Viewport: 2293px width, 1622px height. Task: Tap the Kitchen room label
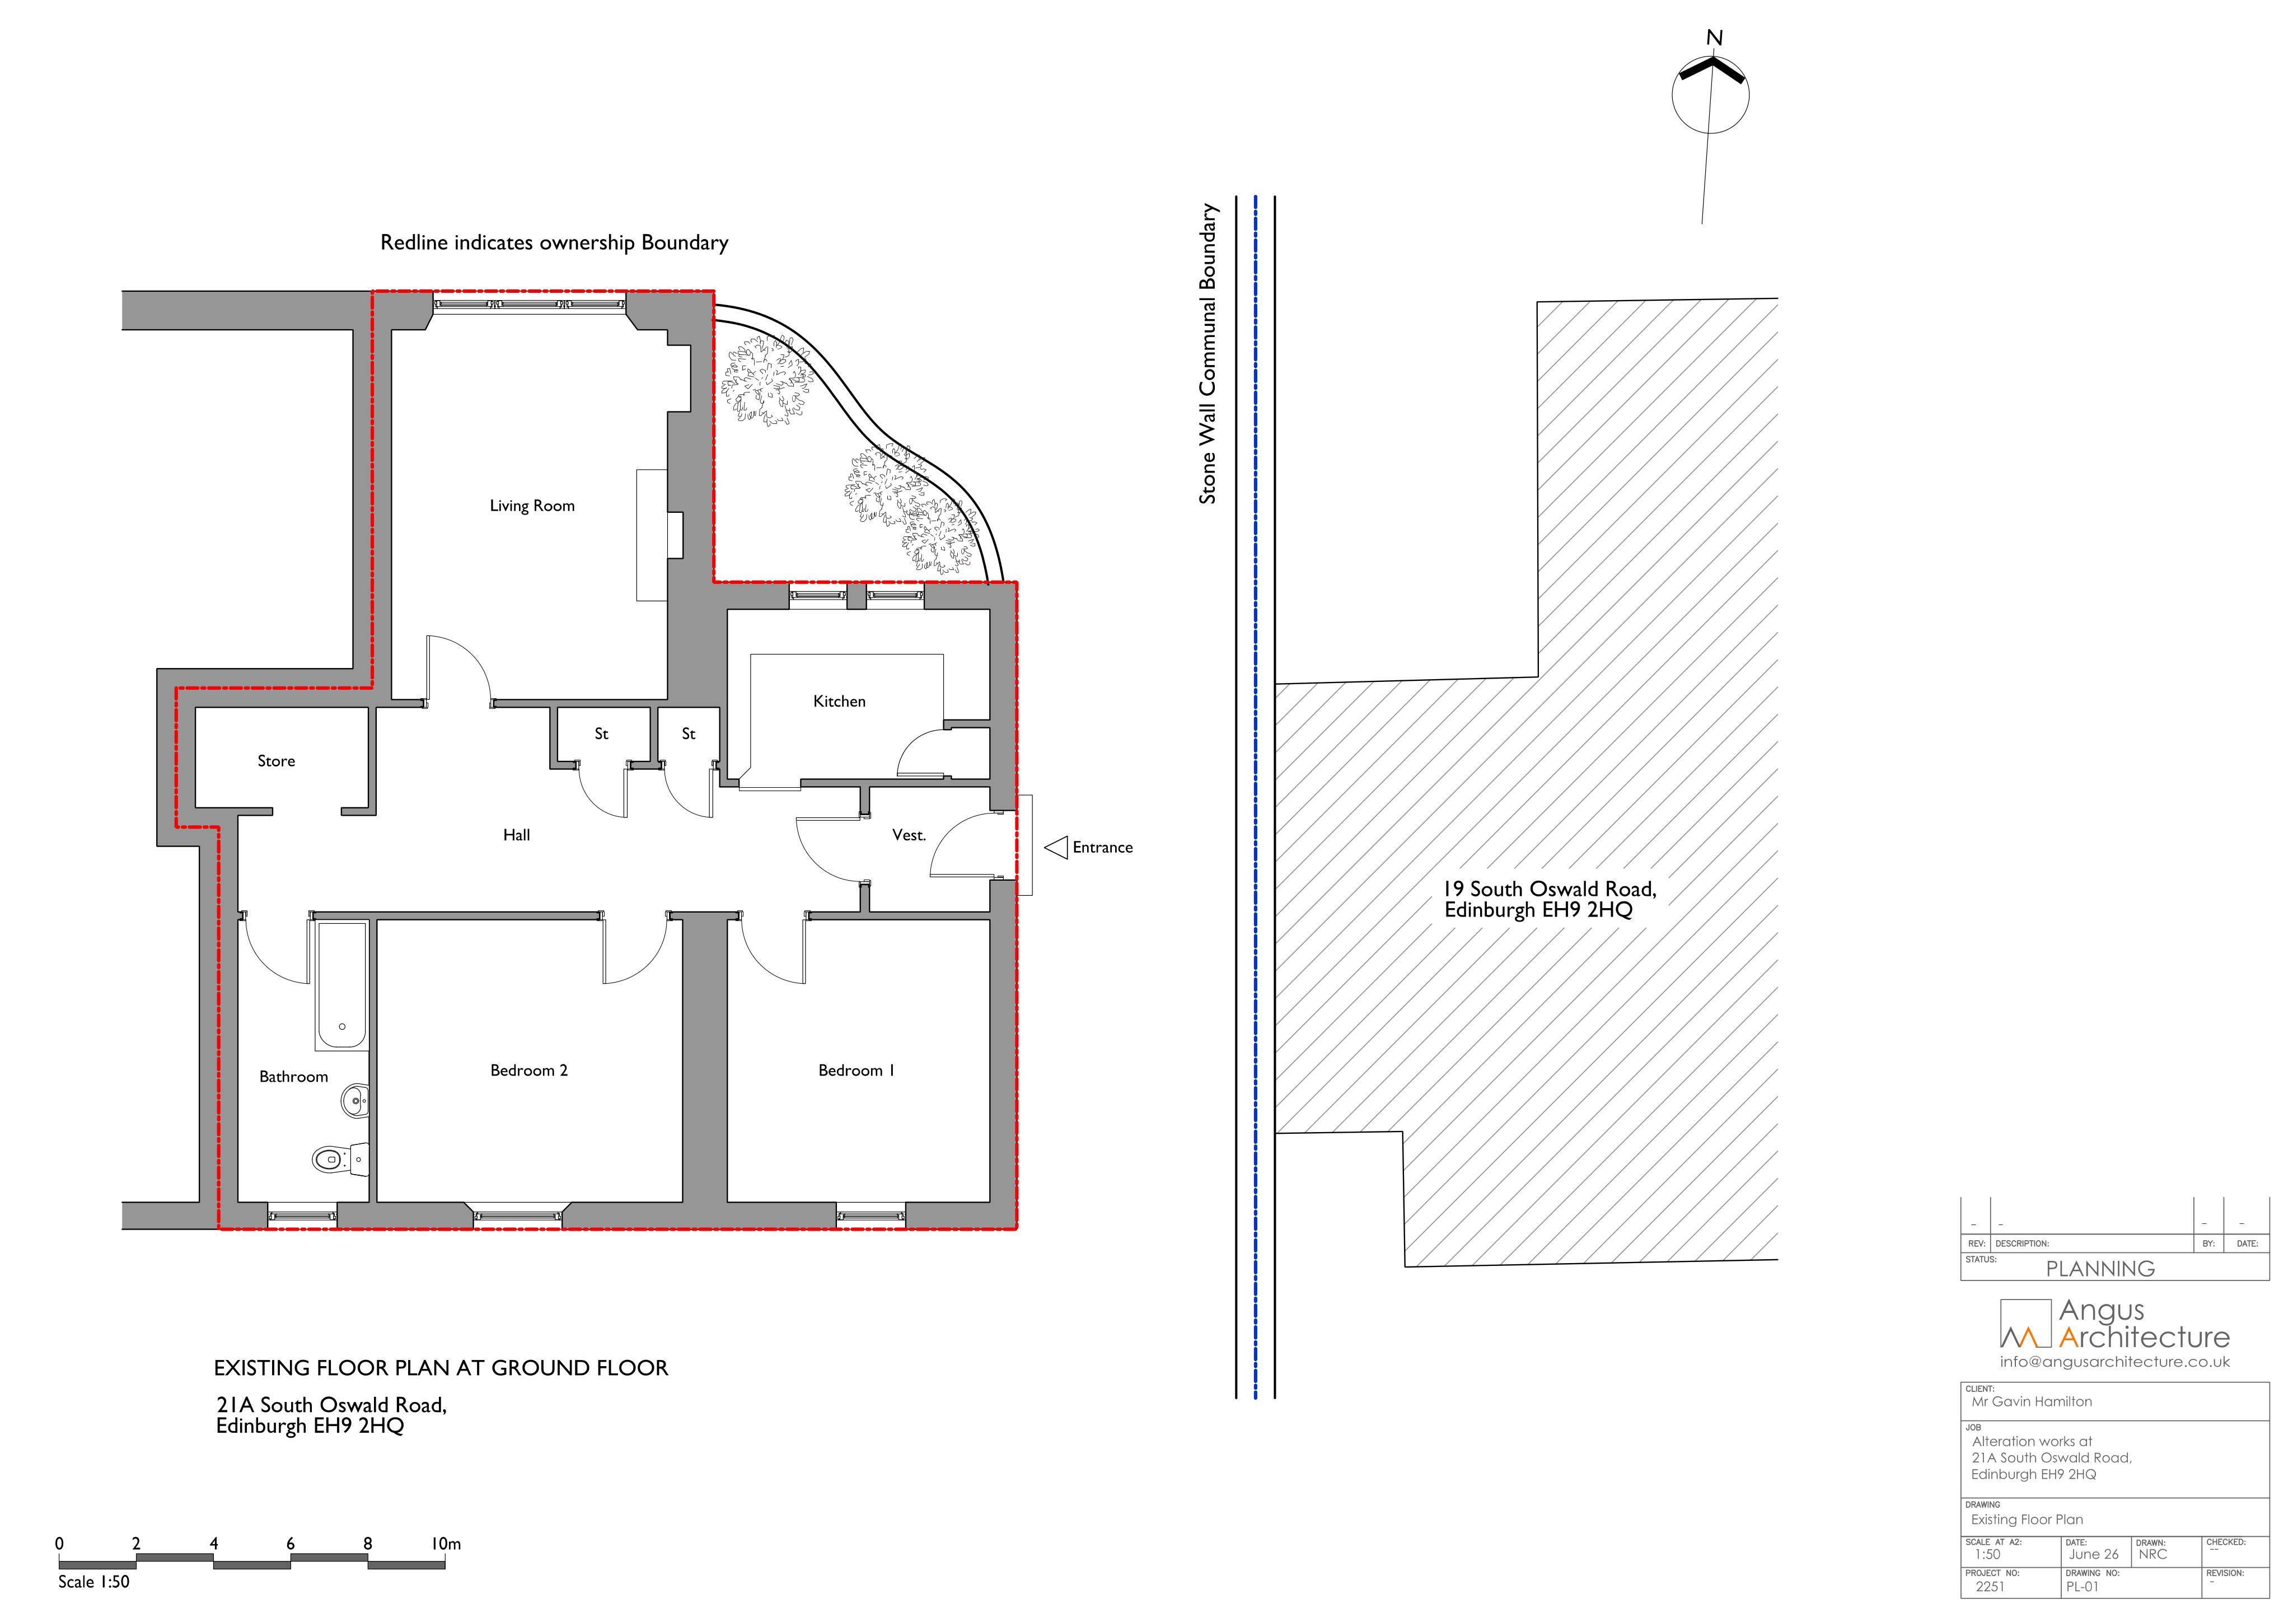pyautogui.click(x=839, y=701)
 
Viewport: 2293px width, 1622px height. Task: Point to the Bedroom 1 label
pyautogui.click(x=856, y=1071)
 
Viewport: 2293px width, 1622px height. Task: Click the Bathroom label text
pyautogui.click(x=293, y=1077)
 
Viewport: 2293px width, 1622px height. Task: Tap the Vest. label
pyautogui.click(x=909, y=835)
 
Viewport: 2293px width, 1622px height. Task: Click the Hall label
pyautogui.click(x=516, y=835)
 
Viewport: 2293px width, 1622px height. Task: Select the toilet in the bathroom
pyautogui.click(x=340, y=1158)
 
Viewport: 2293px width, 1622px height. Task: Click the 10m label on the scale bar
pyautogui.click(x=446, y=1544)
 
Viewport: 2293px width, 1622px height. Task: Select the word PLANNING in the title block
pyautogui.click(x=2100, y=1269)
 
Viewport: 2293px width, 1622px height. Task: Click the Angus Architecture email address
pyautogui.click(x=2114, y=1362)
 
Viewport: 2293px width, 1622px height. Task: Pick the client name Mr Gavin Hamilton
pyautogui.click(x=2032, y=1403)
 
